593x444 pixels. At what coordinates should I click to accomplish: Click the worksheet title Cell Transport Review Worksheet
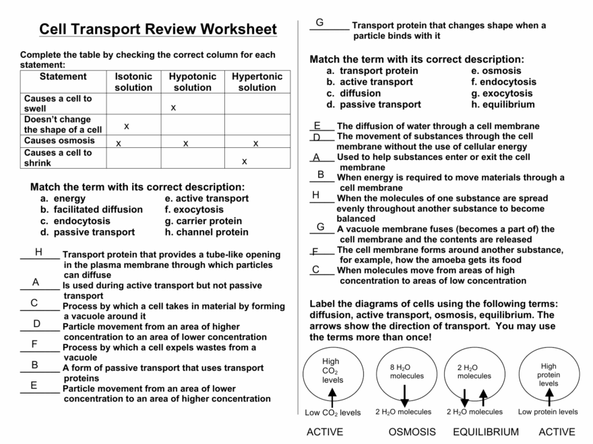coord(158,30)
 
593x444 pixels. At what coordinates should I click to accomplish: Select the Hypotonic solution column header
coord(192,82)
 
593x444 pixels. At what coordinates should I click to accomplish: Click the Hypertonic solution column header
coord(257,82)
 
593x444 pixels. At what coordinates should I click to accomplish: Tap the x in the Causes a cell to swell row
coord(173,108)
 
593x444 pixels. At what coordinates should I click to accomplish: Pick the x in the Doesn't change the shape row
coord(126,126)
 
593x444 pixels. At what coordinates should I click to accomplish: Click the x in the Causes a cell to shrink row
coord(244,161)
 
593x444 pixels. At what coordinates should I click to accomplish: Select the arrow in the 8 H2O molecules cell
coord(404,396)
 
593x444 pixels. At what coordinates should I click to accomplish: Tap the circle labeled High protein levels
coord(548,373)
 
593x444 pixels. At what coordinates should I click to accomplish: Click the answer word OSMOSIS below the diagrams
coord(412,432)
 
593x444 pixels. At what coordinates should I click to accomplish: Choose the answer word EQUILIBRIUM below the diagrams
coord(486,432)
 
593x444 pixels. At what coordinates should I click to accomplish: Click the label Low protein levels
coord(547,412)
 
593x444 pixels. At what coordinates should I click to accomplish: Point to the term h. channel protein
coord(206,232)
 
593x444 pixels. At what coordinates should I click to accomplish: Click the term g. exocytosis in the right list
coord(502,94)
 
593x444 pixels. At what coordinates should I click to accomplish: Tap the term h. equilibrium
coord(503,104)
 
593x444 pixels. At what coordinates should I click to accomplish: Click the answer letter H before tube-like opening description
coord(38,252)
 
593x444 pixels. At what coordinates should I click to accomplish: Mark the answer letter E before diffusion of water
coord(317,126)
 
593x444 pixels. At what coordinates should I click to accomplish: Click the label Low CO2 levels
coord(332,412)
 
